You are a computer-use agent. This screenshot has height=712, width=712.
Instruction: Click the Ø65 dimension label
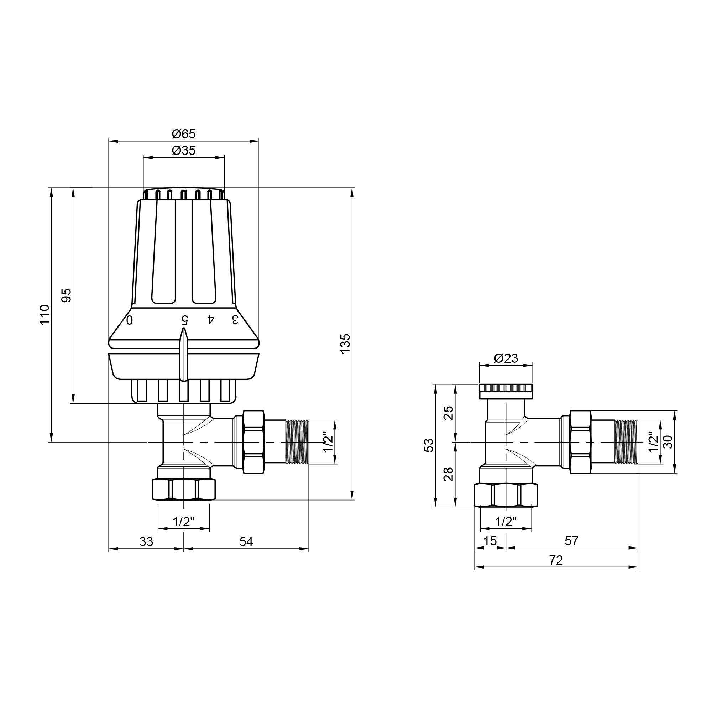(x=184, y=134)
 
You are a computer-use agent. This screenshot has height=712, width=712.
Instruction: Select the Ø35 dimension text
(x=184, y=151)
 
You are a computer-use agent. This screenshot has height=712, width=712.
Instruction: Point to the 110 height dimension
(x=44, y=314)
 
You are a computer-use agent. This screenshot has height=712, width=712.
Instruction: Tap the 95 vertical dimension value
(x=66, y=295)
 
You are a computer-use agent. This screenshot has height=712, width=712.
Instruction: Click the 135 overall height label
(x=345, y=344)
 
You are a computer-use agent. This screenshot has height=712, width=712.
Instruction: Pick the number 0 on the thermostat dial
(x=130, y=320)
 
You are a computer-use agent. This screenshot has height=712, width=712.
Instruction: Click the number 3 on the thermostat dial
(x=235, y=320)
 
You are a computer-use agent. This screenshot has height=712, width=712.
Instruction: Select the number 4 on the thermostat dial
(x=210, y=320)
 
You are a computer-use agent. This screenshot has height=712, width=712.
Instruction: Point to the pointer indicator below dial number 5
(x=184, y=354)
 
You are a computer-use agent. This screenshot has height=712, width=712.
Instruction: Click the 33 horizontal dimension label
(x=146, y=541)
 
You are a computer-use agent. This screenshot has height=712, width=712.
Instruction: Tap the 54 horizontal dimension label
(x=246, y=541)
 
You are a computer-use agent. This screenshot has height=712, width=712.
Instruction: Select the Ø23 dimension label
(x=506, y=358)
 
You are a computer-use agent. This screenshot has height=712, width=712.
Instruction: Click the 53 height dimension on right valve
(x=429, y=445)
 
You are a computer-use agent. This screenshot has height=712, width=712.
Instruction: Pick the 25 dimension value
(x=449, y=413)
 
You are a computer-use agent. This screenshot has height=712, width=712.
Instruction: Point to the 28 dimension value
(x=449, y=474)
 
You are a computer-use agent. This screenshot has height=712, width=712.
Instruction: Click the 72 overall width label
(x=556, y=560)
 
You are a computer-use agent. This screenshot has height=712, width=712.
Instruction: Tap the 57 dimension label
(x=572, y=541)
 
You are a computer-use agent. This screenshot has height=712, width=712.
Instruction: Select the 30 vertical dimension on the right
(x=668, y=441)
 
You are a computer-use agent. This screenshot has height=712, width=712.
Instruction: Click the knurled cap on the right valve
(x=506, y=388)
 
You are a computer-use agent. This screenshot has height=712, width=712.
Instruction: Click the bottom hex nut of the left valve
(x=184, y=489)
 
